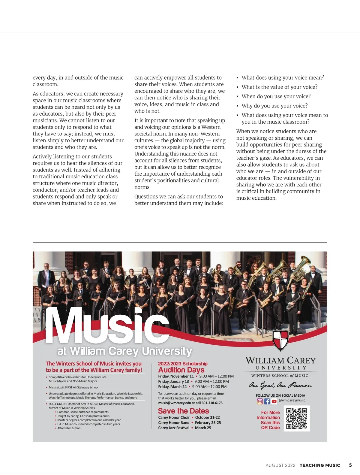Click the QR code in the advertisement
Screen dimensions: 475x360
297,419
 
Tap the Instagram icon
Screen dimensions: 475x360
260,401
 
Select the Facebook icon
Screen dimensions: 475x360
267,401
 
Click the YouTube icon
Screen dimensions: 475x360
274,401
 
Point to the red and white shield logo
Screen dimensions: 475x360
280,340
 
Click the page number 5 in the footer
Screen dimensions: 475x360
350,465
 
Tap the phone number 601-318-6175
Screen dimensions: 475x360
212,403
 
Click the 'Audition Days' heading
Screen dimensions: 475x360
181,370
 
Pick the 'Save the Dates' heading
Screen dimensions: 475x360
183,411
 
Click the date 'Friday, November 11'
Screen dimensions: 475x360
176,376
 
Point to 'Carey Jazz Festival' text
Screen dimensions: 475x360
174,428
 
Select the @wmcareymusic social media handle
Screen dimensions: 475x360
292,400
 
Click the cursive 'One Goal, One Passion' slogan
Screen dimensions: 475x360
280,385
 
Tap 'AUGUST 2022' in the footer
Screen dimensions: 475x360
280,465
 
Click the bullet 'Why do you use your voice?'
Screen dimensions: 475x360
274,106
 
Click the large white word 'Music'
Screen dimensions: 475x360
106,326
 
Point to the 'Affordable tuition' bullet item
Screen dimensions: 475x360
69,428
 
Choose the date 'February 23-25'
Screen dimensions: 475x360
208,423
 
